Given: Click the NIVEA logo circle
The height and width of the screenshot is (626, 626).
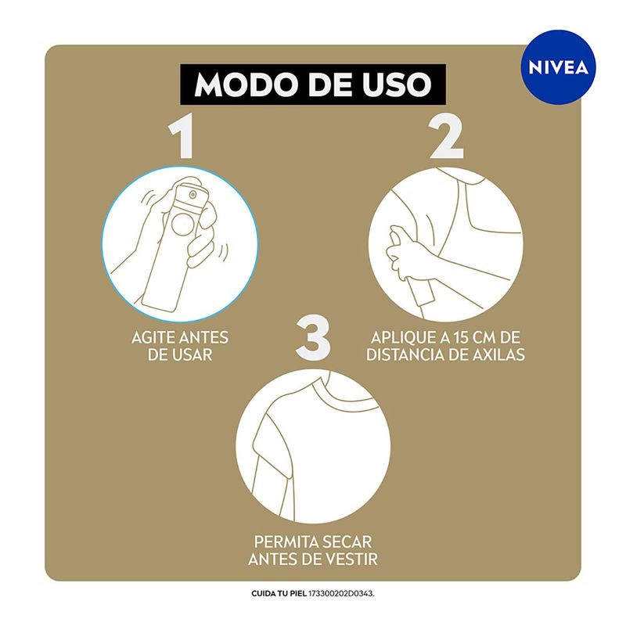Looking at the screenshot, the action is [x=558, y=67].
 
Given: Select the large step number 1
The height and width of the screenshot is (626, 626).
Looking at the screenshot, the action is [x=182, y=135].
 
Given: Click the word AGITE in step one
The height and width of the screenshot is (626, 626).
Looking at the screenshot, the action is [x=153, y=338].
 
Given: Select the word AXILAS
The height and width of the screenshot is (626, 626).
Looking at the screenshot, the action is [x=498, y=354].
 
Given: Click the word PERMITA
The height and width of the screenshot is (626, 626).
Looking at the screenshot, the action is [x=286, y=542].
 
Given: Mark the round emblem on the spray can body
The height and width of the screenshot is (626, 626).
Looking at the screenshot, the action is [x=182, y=225].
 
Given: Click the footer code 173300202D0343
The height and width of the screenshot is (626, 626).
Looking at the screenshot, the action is [x=342, y=594].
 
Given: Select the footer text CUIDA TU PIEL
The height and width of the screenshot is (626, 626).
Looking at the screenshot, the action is [x=279, y=594].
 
